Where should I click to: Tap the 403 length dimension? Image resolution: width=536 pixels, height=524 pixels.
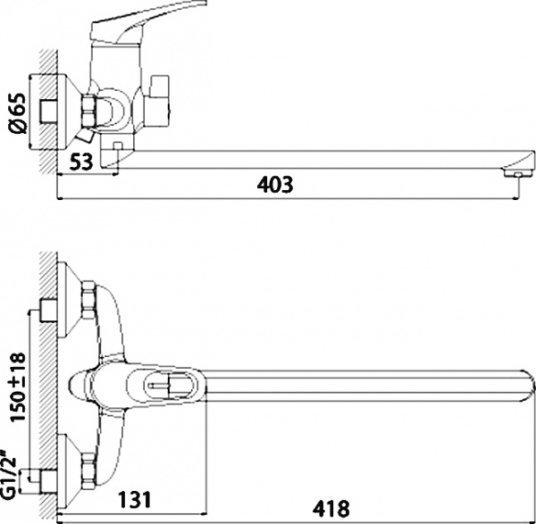tap(275, 185)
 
